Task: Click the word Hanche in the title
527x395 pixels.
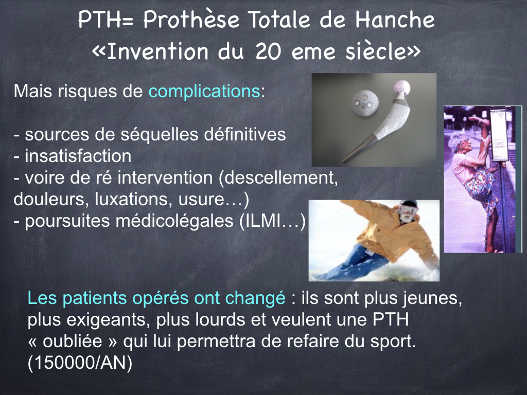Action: [395, 20]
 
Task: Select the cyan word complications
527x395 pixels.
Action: [204, 92]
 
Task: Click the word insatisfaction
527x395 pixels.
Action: [78, 156]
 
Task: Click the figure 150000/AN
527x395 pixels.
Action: [80, 363]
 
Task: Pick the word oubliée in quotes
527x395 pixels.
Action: [73, 342]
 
